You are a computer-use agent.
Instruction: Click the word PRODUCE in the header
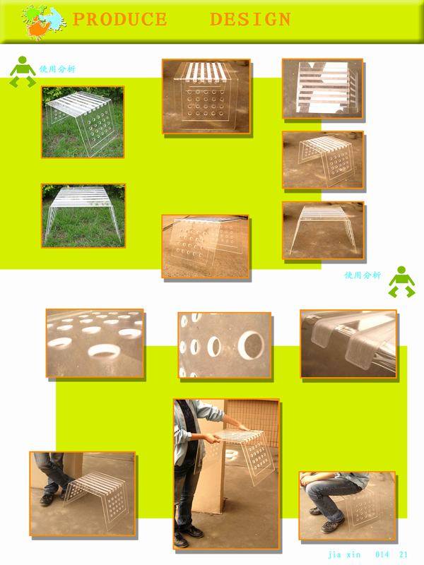click(120, 19)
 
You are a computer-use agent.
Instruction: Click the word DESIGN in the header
click(251, 19)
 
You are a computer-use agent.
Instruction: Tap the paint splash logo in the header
click(44, 22)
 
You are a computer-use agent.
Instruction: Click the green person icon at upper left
click(23, 71)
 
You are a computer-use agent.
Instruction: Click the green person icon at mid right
click(401, 282)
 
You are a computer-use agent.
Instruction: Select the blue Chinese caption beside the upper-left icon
click(58, 69)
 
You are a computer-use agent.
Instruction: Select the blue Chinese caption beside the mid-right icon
click(363, 275)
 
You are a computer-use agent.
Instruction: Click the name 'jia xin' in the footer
click(344, 554)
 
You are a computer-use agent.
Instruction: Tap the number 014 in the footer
click(382, 554)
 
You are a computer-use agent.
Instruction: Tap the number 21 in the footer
click(404, 554)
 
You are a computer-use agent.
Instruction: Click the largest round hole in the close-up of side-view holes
click(251, 345)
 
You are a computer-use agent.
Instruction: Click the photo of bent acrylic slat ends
click(348, 344)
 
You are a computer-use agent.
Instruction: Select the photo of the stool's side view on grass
click(83, 215)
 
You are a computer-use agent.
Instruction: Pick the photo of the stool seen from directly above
click(323, 89)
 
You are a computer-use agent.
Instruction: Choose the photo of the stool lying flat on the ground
click(205, 246)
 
